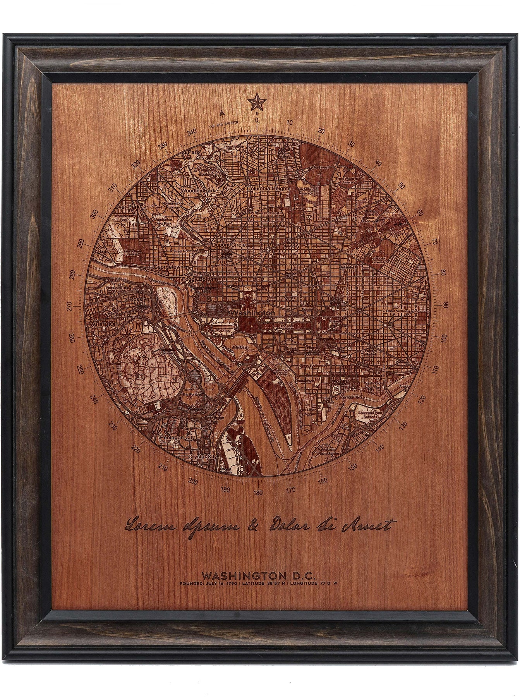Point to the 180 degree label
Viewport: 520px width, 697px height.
(258, 493)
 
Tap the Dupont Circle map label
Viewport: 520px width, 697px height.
(227, 245)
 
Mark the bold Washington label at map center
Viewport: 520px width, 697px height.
(252, 312)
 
